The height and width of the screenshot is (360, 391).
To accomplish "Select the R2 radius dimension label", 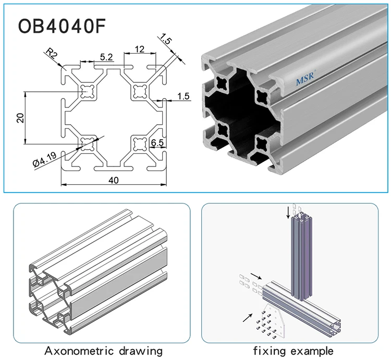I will (x=51, y=54).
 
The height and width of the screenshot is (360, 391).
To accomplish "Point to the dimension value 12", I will (x=139, y=49).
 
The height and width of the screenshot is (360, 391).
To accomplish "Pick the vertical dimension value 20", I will (x=20, y=118).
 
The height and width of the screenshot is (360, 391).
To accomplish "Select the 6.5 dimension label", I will (x=157, y=142).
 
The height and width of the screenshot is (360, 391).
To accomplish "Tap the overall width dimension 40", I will (x=114, y=180).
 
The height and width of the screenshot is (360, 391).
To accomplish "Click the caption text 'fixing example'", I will (x=293, y=350).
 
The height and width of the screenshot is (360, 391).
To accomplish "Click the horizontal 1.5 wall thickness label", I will (x=183, y=96).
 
